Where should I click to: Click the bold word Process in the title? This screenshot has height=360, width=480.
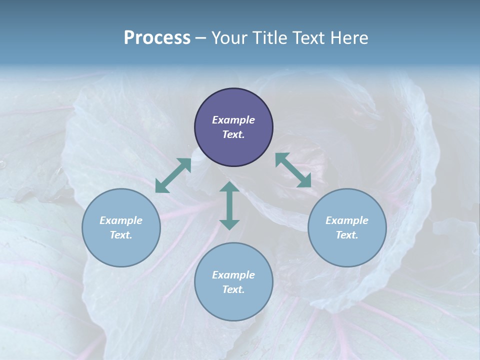point(157,38)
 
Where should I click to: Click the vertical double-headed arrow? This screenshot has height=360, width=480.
point(229,206)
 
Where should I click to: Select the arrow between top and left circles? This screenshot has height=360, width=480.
point(173,175)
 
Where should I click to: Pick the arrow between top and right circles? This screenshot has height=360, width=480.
point(293,170)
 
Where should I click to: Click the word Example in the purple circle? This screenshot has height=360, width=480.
point(233,120)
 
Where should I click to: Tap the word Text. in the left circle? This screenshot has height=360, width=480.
point(121,235)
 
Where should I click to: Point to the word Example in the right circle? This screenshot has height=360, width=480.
point(347,220)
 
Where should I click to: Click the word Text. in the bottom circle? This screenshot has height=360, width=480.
point(233,289)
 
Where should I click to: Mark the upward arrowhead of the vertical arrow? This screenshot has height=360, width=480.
point(229,188)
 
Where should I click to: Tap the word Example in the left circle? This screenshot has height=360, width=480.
point(121,220)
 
